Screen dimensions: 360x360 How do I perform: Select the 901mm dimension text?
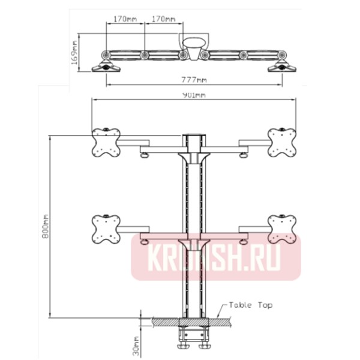(194, 94)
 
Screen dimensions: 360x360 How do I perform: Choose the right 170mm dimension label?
(164, 19)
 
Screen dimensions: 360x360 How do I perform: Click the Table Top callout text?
(250, 305)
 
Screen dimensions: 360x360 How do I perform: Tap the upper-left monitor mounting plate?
(106, 142)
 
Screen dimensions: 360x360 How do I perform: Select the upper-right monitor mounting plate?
(282, 142)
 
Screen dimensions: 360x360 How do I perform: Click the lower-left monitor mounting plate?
(106, 229)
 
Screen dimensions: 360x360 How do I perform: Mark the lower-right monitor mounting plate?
(282, 229)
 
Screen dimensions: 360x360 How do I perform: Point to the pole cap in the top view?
(194, 46)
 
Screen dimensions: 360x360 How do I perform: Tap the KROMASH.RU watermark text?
(215, 257)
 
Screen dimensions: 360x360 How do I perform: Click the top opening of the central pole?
(194, 136)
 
